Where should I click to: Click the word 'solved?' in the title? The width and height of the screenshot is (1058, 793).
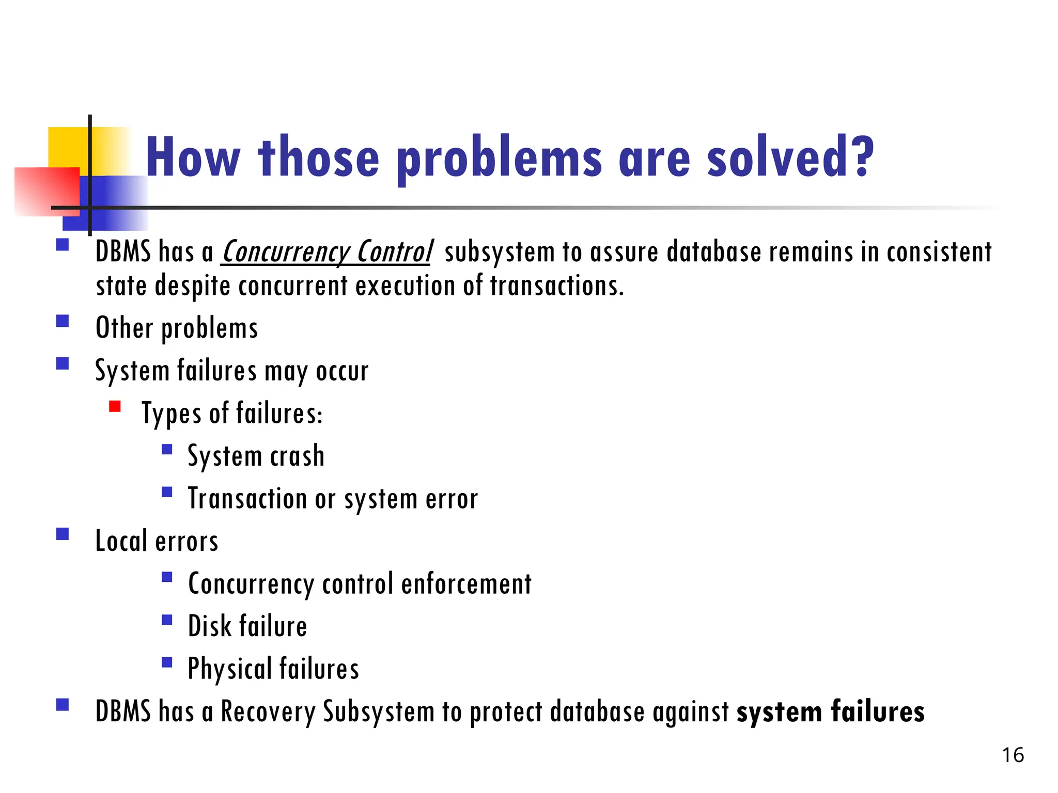(x=790, y=157)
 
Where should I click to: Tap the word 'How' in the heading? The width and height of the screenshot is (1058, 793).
(x=193, y=157)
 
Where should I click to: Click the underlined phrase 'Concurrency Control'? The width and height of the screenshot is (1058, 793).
(x=327, y=252)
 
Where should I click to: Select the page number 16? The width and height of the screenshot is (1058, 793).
(x=1013, y=755)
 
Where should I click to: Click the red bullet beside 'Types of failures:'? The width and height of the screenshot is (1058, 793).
(x=115, y=407)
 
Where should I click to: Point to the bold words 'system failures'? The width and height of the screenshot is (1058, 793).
(x=830, y=711)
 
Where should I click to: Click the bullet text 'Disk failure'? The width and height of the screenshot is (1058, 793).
(x=247, y=626)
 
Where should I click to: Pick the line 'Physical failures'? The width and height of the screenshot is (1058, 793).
(x=273, y=669)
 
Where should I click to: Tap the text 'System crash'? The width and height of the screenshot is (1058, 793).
(x=256, y=456)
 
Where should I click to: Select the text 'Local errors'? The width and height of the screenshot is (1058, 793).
(x=157, y=542)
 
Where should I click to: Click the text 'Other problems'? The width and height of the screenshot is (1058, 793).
(x=177, y=328)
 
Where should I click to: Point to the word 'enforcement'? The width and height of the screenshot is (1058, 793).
(x=466, y=584)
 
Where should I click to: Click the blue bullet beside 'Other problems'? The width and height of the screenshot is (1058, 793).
(x=63, y=322)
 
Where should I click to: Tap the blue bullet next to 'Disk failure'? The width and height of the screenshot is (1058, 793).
(x=167, y=620)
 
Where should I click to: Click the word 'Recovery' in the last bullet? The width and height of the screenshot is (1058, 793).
(x=268, y=711)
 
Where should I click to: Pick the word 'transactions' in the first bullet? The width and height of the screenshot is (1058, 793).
(x=556, y=286)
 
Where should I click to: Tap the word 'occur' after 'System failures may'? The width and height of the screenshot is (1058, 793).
(x=342, y=371)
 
